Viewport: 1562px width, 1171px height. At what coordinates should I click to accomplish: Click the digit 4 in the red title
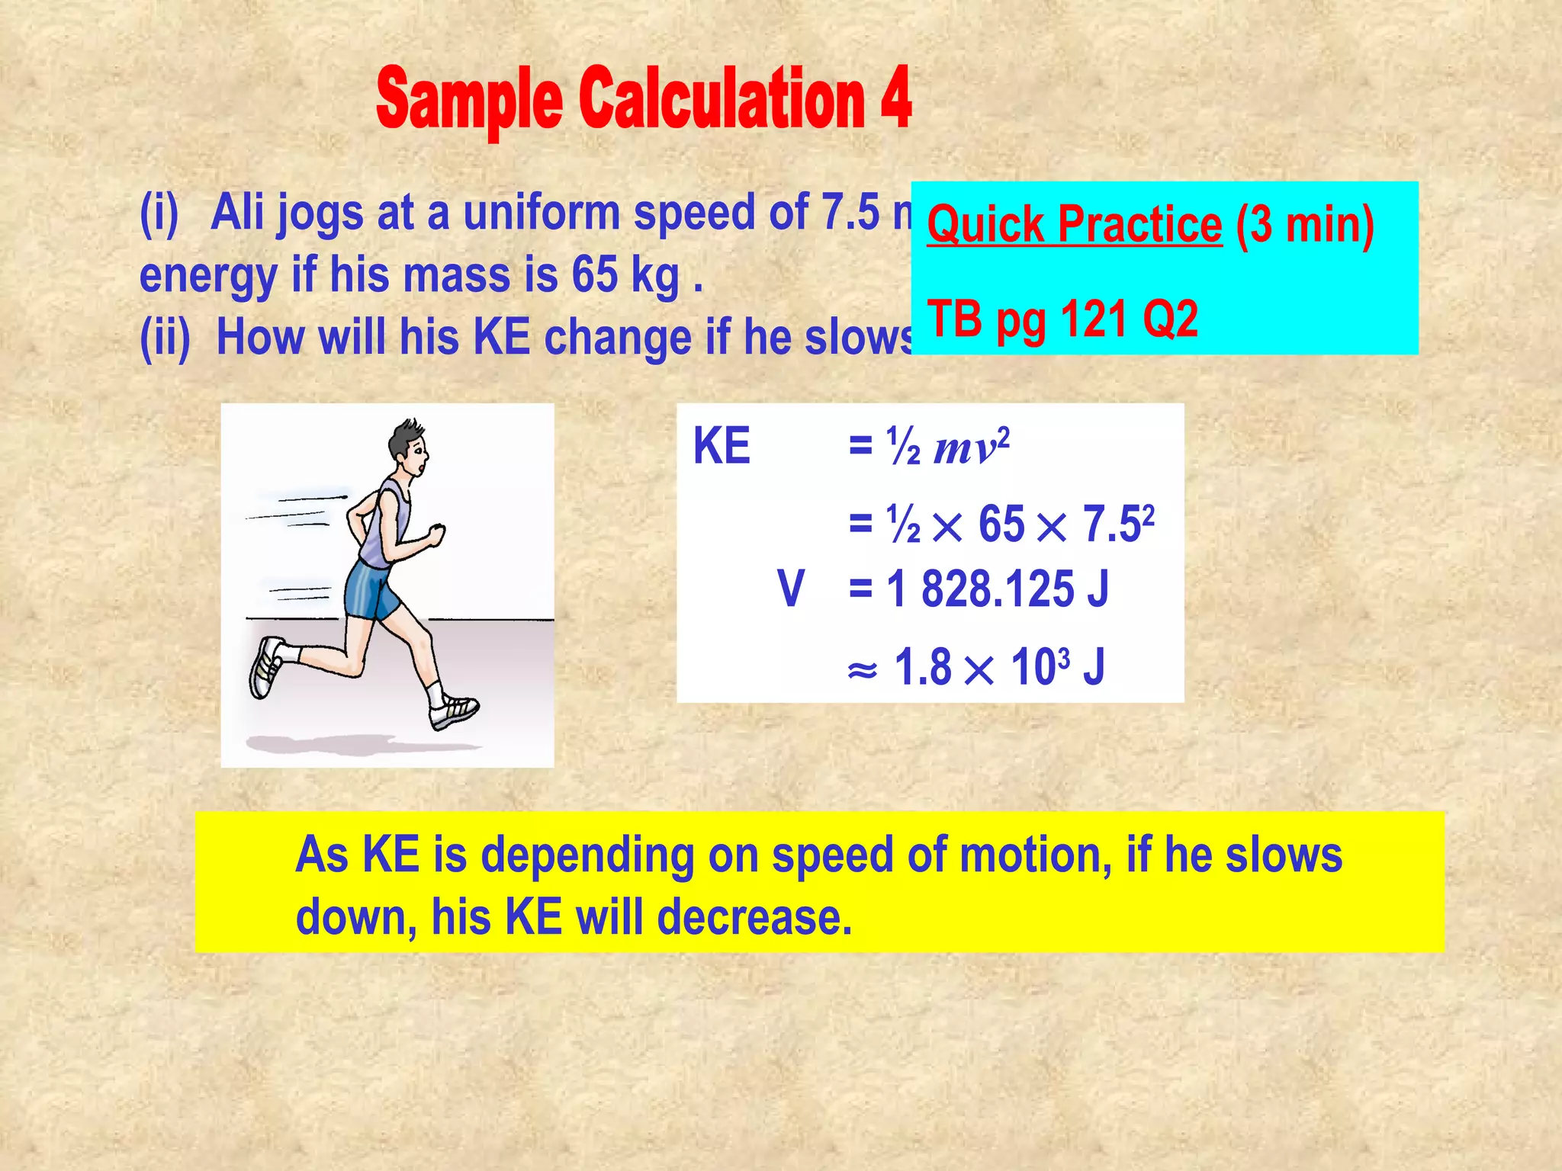895,98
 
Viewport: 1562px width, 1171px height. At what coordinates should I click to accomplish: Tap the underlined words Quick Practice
1074,225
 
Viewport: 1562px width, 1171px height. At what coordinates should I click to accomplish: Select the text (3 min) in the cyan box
1305,225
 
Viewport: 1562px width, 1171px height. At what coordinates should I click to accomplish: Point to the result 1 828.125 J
998,589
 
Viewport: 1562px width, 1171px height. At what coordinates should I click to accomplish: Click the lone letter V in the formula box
791,589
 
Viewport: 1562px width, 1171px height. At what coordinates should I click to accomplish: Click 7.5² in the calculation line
1118,524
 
